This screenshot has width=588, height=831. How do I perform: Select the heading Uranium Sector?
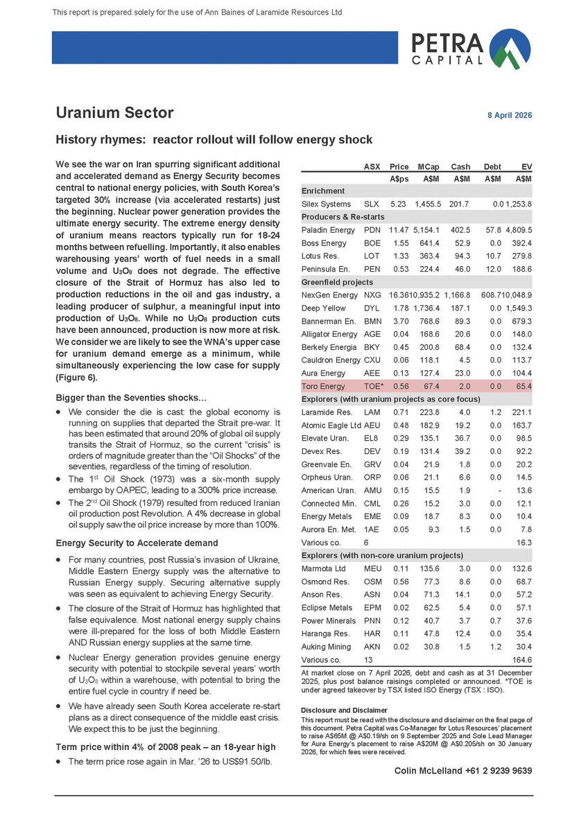[114, 112]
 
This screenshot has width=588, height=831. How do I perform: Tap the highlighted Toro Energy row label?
[322, 386]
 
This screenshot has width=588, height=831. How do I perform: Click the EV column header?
[526, 166]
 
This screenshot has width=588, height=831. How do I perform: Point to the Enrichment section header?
[322, 191]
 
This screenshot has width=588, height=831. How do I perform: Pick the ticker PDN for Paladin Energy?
[372, 229]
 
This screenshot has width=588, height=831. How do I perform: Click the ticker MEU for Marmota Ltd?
[372, 569]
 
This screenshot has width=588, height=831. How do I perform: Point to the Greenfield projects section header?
[338, 282]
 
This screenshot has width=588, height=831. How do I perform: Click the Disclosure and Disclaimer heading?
[345, 710]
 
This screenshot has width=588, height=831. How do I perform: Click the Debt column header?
[492, 166]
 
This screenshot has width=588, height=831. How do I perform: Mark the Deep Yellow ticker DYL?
[372, 308]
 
